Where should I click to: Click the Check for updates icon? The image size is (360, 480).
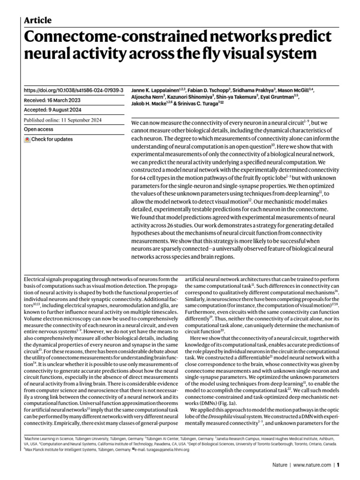tap(27, 139)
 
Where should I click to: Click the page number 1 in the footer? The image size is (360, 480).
tap(337, 465)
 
